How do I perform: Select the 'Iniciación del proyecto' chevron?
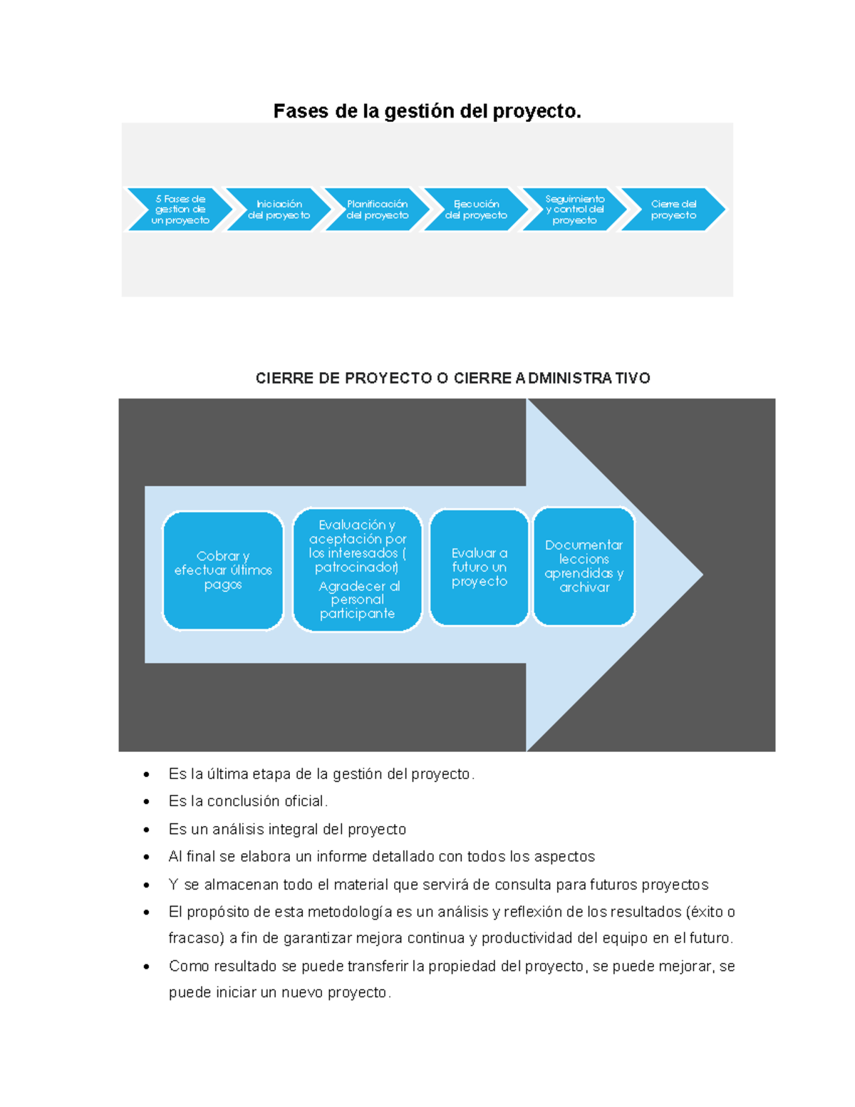tap(279, 210)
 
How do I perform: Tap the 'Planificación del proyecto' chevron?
tap(378, 210)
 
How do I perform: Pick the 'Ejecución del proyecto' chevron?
tap(476, 210)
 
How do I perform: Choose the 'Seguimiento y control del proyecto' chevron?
tap(574, 210)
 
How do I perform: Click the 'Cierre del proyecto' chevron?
tap(673, 210)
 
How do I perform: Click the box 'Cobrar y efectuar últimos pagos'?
tap(223, 570)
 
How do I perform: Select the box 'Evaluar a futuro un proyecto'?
tap(480, 567)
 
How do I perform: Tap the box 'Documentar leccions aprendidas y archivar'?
tap(584, 566)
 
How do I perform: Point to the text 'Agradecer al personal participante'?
tap(358, 599)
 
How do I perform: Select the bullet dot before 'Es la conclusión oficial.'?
tap(147, 802)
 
